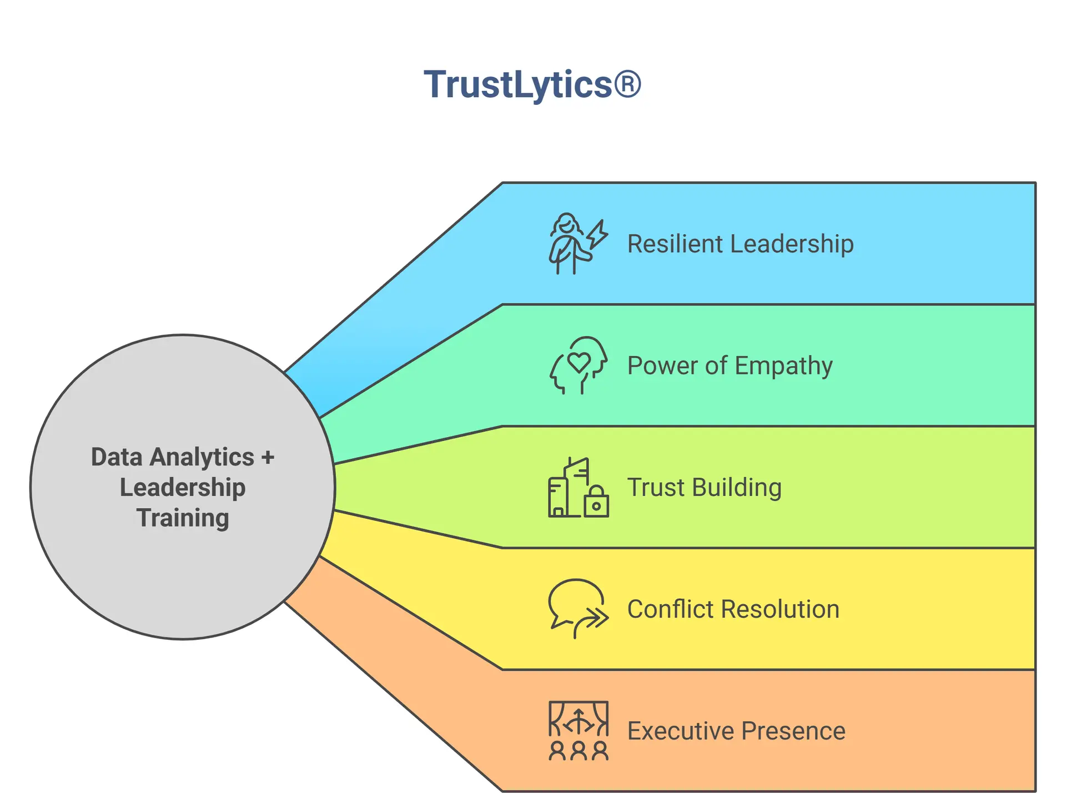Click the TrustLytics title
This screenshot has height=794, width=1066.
(x=532, y=85)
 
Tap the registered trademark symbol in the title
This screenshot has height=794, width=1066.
(x=627, y=85)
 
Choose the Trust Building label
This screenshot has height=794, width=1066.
(x=704, y=488)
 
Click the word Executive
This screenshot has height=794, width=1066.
(x=680, y=731)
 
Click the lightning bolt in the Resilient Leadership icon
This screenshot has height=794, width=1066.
(x=597, y=234)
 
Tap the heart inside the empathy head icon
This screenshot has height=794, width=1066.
(x=579, y=362)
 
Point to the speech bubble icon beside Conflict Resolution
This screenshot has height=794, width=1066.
(x=575, y=602)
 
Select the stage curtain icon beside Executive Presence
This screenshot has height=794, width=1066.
(x=578, y=719)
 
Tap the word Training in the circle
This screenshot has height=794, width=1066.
(x=183, y=518)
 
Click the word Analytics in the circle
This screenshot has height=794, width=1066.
(x=202, y=458)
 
